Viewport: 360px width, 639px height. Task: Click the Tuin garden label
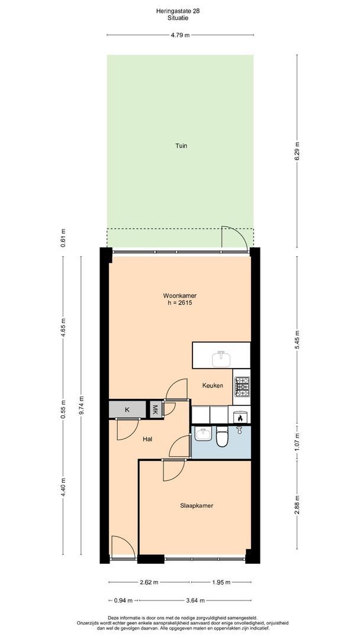(x=181, y=146)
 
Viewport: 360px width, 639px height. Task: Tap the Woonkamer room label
(x=176, y=295)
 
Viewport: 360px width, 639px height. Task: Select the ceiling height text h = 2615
(x=178, y=303)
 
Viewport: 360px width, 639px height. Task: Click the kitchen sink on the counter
(x=221, y=359)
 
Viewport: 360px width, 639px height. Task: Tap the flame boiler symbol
(x=240, y=417)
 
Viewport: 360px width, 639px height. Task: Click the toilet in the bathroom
(x=222, y=436)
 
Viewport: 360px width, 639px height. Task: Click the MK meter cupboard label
(x=155, y=409)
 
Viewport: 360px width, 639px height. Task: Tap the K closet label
(x=127, y=410)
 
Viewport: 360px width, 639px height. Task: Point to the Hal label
(x=147, y=439)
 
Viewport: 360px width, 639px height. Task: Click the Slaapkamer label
(x=197, y=506)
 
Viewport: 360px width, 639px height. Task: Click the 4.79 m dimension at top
(x=180, y=35)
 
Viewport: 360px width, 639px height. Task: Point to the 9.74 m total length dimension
(x=81, y=405)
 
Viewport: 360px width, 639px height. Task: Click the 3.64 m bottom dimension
(x=195, y=600)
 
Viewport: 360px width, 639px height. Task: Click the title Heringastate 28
(x=178, y=12)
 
